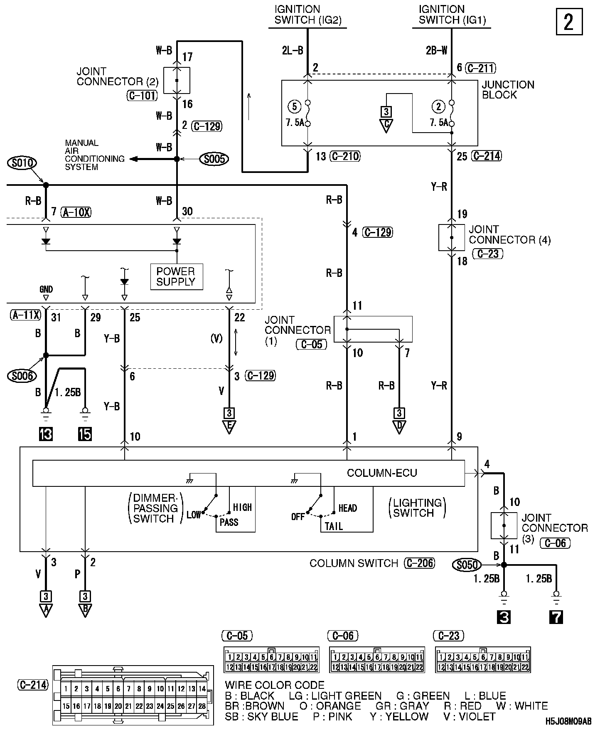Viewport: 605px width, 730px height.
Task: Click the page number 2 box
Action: tap(569, 22)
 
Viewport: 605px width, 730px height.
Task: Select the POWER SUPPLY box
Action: tap(176, 276)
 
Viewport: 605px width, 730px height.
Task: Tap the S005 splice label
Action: tap(214, 159)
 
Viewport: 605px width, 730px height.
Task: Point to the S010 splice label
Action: tap(22, 163)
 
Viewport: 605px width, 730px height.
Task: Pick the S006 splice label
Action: tap(22, 376)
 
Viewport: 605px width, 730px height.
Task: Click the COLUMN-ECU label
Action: tap(382, 473)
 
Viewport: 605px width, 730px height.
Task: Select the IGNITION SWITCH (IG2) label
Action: tap(307, 15)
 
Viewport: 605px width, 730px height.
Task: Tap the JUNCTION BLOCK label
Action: tap(507, 90)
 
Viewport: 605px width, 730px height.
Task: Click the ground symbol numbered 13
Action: tap(46, 434)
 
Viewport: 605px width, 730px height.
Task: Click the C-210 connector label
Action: tap(344, 156)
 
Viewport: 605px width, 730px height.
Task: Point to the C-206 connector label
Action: tap(419, 563)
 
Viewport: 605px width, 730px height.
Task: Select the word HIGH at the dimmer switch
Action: tap(242, 507)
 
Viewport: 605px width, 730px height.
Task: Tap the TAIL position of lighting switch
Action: tap(334, 526)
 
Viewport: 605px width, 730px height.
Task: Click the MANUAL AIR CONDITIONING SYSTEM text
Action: tap(94, 155)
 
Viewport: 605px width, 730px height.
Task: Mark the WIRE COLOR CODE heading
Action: tap(274, 685)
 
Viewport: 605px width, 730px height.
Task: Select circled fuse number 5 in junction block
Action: tap(294, 106)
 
